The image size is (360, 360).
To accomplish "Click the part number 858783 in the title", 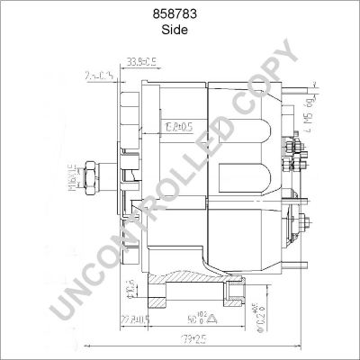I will pyautogui.click(x=180, y=13).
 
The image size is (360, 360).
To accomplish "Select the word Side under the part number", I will pyautogui.click(x=180, y=29).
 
